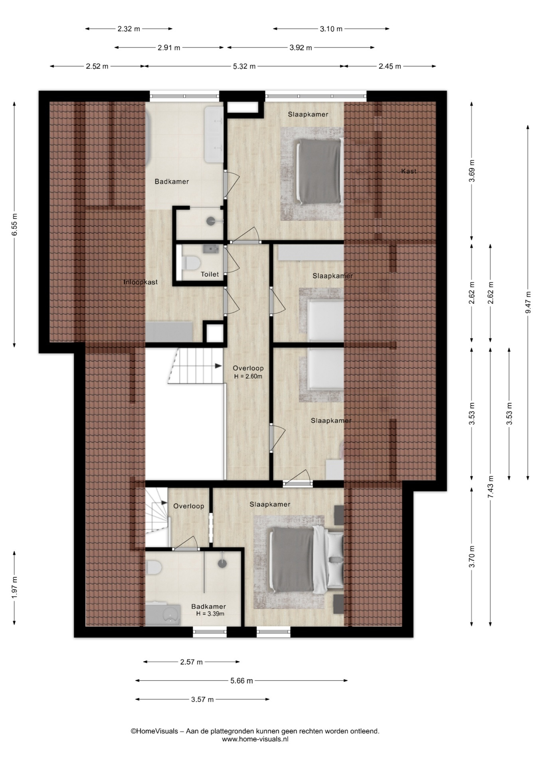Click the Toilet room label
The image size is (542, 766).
(210, 274)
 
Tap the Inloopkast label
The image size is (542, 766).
(140, 282)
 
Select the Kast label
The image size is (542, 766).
(409, 171)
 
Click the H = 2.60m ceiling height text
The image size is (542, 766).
(248, 376)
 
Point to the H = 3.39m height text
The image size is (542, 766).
(210, 614)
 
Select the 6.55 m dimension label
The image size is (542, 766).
(15, 225)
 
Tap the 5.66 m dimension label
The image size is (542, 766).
(242, 681)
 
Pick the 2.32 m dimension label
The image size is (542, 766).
(129, 29)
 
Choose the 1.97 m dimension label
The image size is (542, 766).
(15, 588)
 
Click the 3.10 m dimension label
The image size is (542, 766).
(331, 29)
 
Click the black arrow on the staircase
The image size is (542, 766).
(218, 365)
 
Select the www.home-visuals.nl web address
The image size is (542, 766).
(255, 739)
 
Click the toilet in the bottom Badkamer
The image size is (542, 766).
(154, 567)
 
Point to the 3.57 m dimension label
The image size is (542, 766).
(202, 699)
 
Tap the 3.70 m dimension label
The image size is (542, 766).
(472, 557)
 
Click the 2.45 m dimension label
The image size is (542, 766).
(390, 66)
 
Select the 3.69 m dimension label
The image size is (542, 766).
(472, 171)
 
